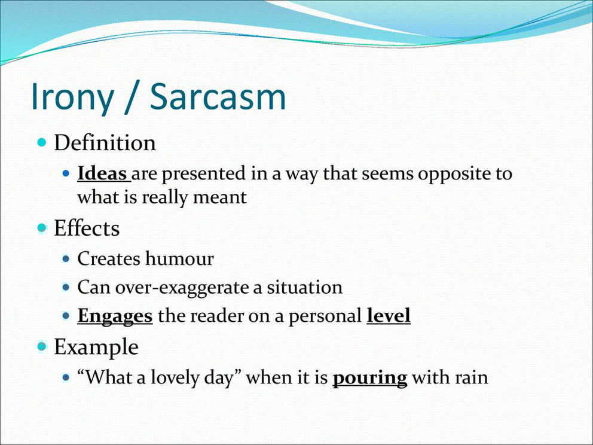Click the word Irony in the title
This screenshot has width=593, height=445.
pyautogui.click(x=72, y=97)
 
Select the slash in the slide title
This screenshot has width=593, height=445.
pyautogui.click(x=132, y=97)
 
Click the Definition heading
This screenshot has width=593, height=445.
pyautogui.click(x=105, y=143)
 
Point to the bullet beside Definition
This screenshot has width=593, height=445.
pyautogui.click(x=42, y=143)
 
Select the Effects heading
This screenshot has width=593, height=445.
pyautogui.click(x=87, y=228)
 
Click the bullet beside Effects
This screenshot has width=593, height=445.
pyautogui.click(x=42, y=228)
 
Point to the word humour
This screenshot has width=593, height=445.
pyautogui.click(x=180, y=258)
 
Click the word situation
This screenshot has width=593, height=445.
pyautogui.click(x=304, y=287)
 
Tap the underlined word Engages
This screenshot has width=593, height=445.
pyautogui.click(x=115, y=316)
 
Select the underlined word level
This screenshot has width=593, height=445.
pyautogui.click(x=389, y=315)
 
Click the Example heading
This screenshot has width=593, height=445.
pyautogui.click(x=96, y=347)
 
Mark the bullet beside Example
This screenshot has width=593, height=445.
pyautogui.click(x=42, y=346)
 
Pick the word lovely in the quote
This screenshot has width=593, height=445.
pyautogui.click(x=173, y=378)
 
